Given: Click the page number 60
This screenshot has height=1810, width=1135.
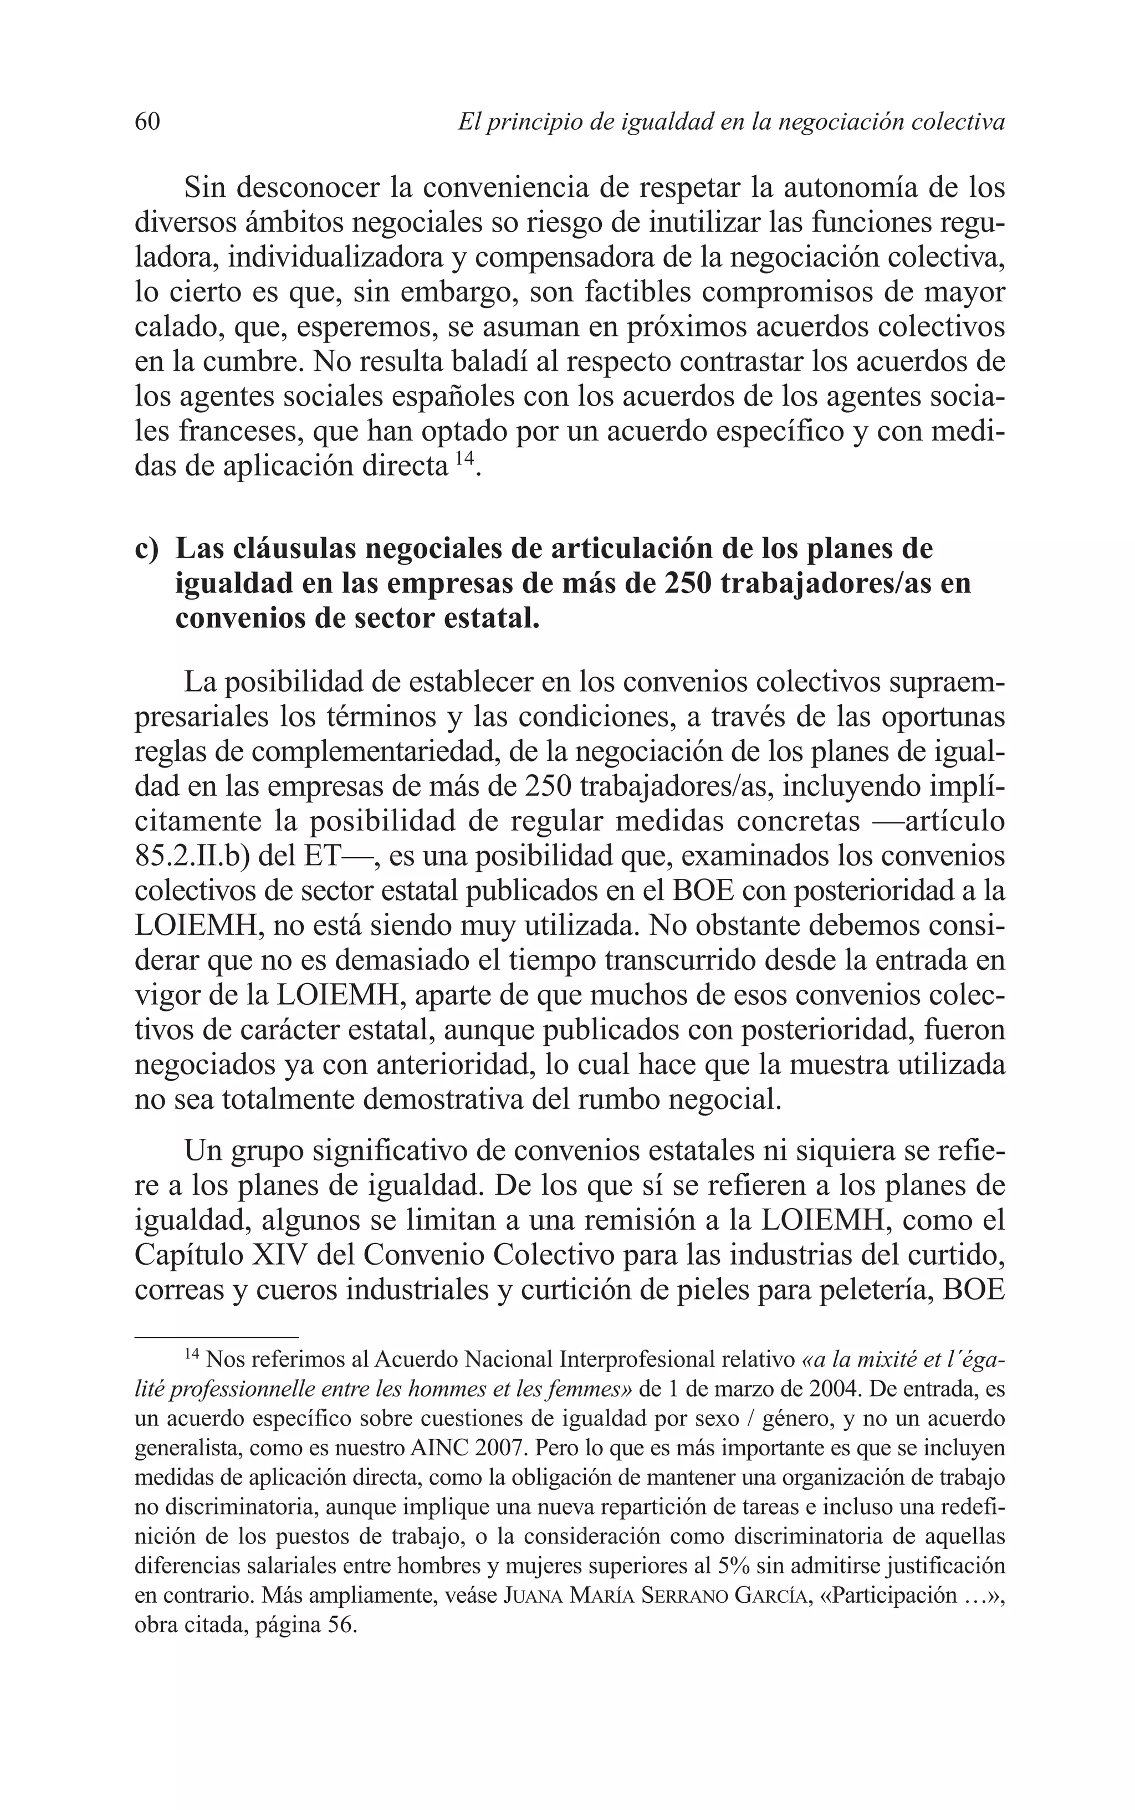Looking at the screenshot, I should coord(147,121).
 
